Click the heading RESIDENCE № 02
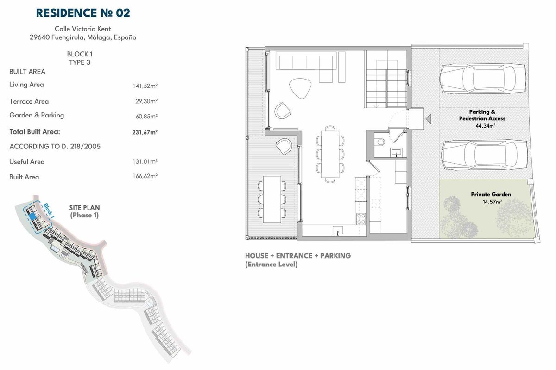tap(83, 13)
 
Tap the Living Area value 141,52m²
tap(145, 86)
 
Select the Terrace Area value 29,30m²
tap(146, 101)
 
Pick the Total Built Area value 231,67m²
tap(145, 132)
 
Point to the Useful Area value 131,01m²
tap(145, 161)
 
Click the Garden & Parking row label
tap(37, 115)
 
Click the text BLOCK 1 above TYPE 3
tap(80, 54)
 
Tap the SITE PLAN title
tap(84, 208)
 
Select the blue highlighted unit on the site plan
tap(32, 216)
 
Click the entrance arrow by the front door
tap(428, 119)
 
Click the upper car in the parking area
tap(483, 79)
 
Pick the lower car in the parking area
tap(484, 155)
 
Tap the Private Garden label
tap(491, 194)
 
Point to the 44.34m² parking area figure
tap(485, 126)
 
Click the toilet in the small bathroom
tap(380, 142)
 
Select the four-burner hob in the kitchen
tap(361, 219)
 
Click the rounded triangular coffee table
tap(300, 88)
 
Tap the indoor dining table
tap(330, 154)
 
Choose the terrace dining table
tap(272, 199)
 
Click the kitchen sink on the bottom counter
tap(338, 230)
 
